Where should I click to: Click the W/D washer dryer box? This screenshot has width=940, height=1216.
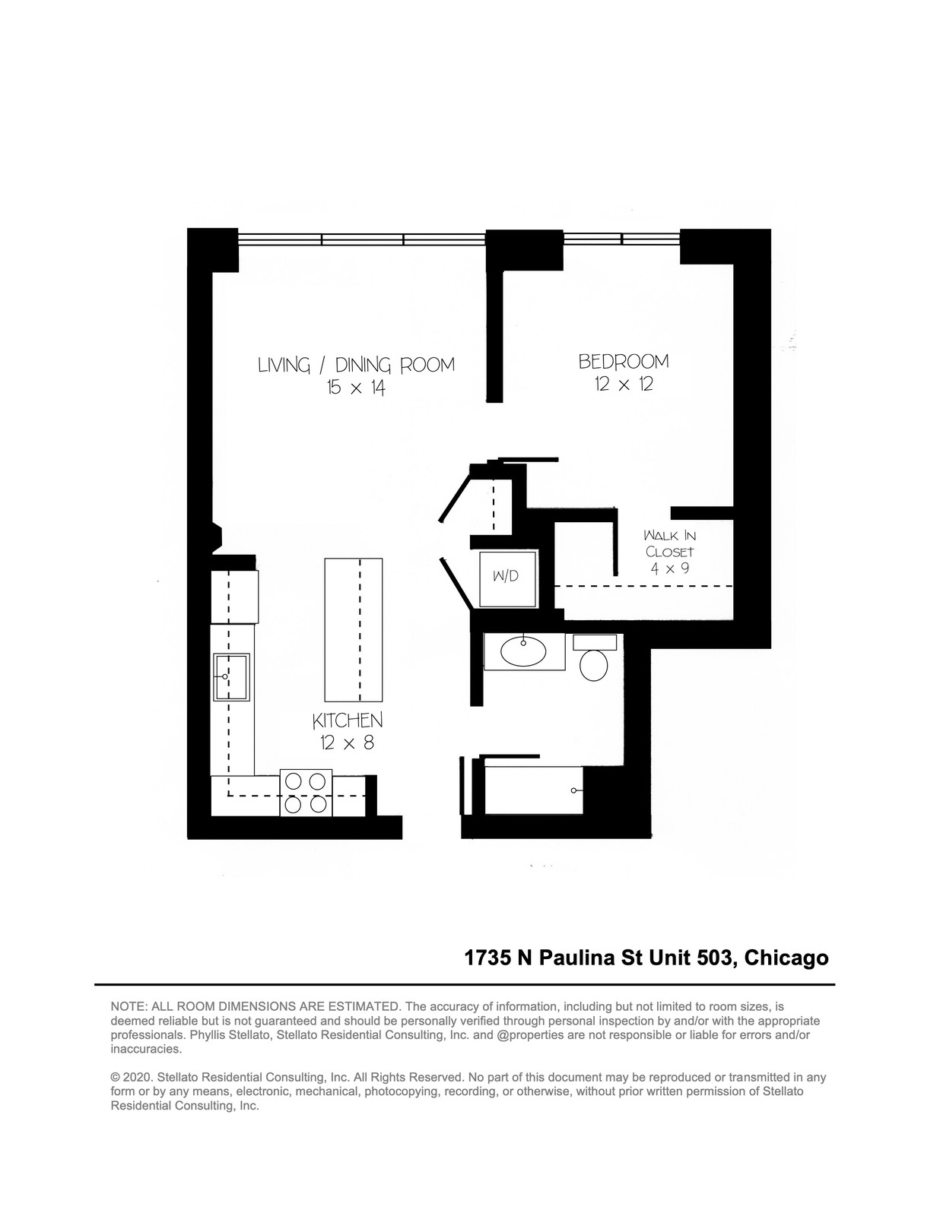[508, 578]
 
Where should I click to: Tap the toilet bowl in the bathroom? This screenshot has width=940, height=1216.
[593, 665]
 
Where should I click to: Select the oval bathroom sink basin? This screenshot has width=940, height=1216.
[523, 651]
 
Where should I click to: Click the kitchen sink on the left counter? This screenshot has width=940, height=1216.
[230, 676]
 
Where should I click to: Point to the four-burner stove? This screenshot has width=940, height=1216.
[306, 793]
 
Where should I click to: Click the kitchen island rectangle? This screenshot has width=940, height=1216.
[354, 629]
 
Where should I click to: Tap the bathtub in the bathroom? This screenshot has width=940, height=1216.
[534, 790]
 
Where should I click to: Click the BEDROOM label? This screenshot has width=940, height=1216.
[623, 362]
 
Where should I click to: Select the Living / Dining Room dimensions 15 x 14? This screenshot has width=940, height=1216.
[356, 388]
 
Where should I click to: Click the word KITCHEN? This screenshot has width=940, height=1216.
[347, 720]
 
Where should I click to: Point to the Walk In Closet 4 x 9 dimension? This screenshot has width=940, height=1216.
[669, 568]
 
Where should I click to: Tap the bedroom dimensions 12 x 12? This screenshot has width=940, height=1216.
[624, 385]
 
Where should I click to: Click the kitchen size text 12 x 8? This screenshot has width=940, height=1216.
[347, 743]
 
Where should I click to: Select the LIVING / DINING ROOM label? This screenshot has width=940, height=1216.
[356, 365]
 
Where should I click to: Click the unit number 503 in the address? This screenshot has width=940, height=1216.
[714, 958]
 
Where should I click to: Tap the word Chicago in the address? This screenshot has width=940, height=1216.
[786, 958]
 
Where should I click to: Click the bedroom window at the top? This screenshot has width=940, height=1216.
[621, 239]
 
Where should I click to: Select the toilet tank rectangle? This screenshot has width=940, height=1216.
[595, 642]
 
